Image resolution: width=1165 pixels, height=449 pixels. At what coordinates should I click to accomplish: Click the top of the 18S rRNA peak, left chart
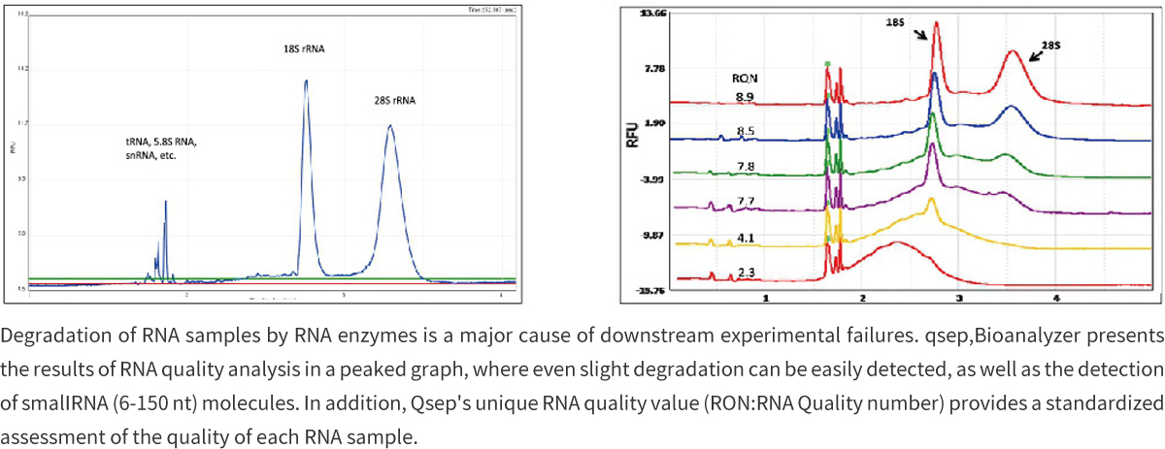click(x=306, y=80)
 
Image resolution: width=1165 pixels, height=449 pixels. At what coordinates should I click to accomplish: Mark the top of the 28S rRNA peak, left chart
click(x=390, y=125)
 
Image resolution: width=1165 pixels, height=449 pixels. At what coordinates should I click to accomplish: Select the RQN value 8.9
click(x=745, y=96)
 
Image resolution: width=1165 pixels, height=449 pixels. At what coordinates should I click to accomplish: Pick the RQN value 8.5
click(x=746, y=131)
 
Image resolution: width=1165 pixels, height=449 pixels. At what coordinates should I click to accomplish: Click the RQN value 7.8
click(x=746, y=166)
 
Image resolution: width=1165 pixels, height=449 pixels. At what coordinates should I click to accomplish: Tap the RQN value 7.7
click(x=746, y=201)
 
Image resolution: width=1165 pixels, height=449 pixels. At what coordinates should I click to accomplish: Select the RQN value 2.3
click(x=746, y=272)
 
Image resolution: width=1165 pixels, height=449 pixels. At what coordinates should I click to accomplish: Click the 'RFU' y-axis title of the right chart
click(x=632, y=136)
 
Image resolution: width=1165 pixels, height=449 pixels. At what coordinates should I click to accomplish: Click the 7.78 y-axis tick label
click(x=656, y=69)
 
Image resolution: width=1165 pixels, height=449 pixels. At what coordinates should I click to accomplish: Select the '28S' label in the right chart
click(x=1049, y=45)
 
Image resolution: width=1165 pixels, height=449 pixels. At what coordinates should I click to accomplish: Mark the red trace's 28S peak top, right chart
click(x=1013, y=51)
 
